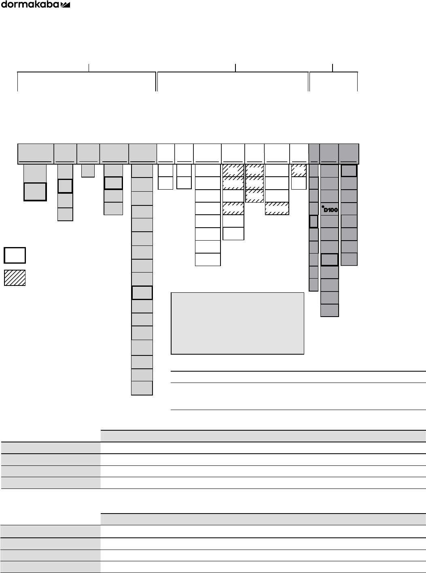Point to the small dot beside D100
pos(323,207)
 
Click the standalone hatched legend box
pos(15,278)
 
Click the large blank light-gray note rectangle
pos(237,323)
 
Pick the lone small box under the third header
pos(88,170)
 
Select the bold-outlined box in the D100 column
pos(329,260)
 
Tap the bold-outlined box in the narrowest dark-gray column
pos(313,221)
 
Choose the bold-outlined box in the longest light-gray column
pos(142,293)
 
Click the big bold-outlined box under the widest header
pos(35,191)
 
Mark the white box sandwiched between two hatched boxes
pos(233,196)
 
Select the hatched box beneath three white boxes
pos(277,209)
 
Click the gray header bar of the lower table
pos(263,519)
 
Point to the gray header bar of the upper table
pos(263,436)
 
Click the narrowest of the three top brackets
pos(333,81)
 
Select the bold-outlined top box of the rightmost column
pos(349,171)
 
